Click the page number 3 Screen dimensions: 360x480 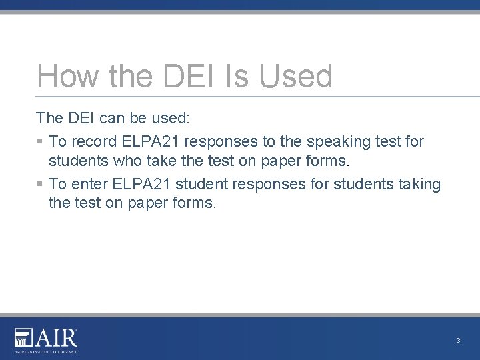458,341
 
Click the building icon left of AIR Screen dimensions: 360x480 23,338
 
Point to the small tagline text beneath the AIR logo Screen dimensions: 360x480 46,351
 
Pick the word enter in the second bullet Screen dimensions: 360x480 91,184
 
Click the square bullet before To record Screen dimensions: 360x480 40,142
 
